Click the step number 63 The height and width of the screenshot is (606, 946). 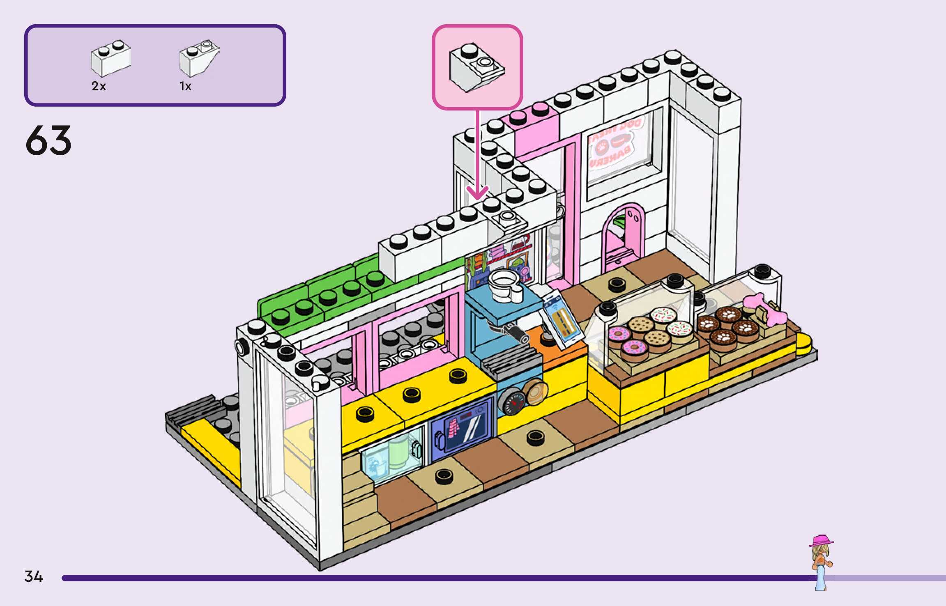[x=48, y=140]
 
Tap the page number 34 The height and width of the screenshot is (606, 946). [x=34, y=576]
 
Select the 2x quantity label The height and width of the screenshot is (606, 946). [x=99, y=86]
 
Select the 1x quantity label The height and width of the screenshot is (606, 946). [x=185, y=86]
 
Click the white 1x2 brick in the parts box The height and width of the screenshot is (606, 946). [x=110, y=59]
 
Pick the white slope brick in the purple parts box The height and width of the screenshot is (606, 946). [x=199, y=59]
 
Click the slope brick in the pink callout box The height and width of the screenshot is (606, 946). [x=476, y=68]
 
